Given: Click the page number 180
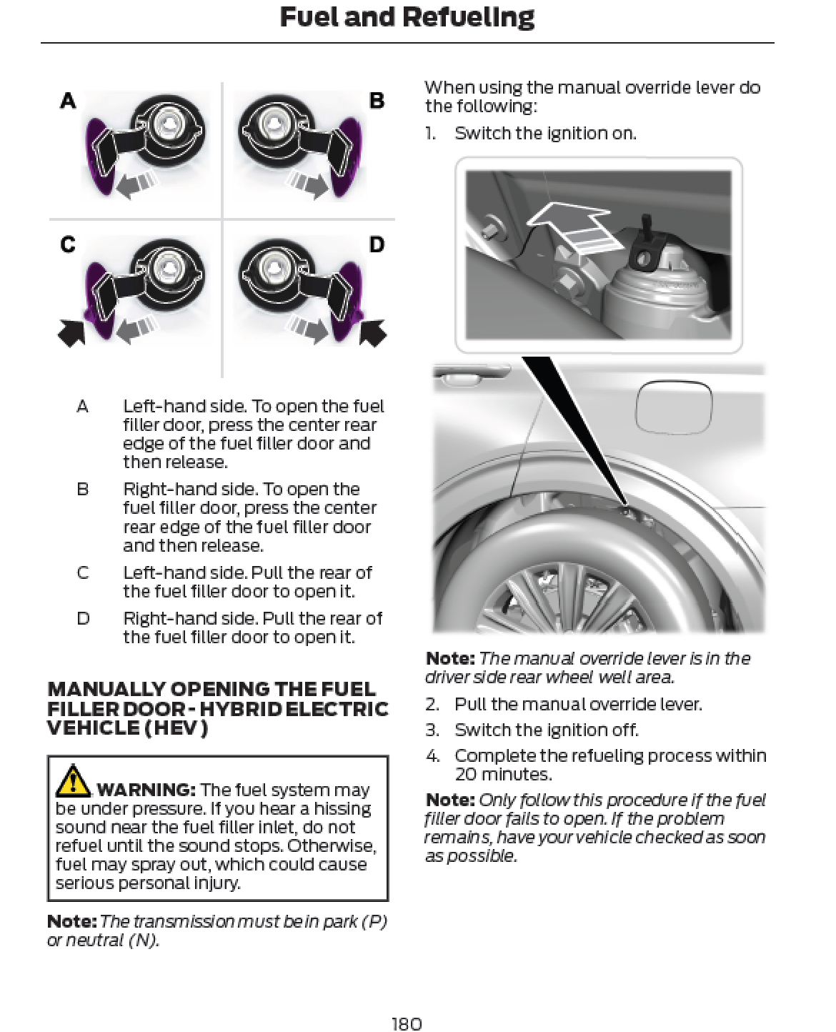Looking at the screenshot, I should tap(407, 1023).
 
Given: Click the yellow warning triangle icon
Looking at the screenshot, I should tap(73, 780).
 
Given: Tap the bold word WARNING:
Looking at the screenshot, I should tap(146, 790).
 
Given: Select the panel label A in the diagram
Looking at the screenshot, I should tap(68, 101).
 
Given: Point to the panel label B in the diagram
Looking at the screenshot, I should tap(377, 101).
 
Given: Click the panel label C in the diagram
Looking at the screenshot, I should tap(68, 244).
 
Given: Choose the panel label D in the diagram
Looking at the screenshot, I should tap(377, 244).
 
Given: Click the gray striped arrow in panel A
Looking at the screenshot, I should tap(135, 184).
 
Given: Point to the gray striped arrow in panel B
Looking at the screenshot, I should tap(308, 184).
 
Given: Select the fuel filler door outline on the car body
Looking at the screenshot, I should tap(673, 407).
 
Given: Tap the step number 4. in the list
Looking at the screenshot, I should tap(433, 755).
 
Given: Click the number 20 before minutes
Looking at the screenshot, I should tap(466, 774).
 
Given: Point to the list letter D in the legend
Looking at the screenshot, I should tap(83, 618).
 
